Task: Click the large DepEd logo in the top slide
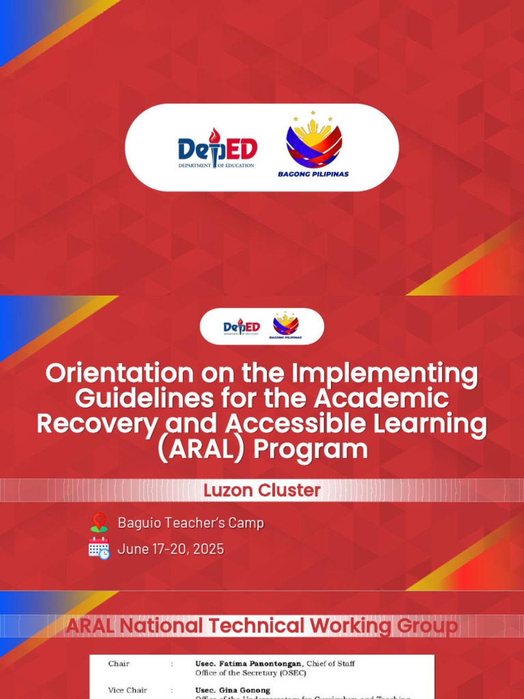tap(218, 148)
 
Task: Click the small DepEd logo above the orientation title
tap(242, 327)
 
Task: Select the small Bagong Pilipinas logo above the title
tap(285, 326)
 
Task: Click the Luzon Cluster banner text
tap(262, 490)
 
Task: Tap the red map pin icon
tap(99, 523)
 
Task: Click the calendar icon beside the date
tap(99, 548)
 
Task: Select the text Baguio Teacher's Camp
tap(190, 523)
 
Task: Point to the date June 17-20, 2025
tap(171, 549)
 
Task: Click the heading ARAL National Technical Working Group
tap(262, 625)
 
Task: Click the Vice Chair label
tap(128, 690)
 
